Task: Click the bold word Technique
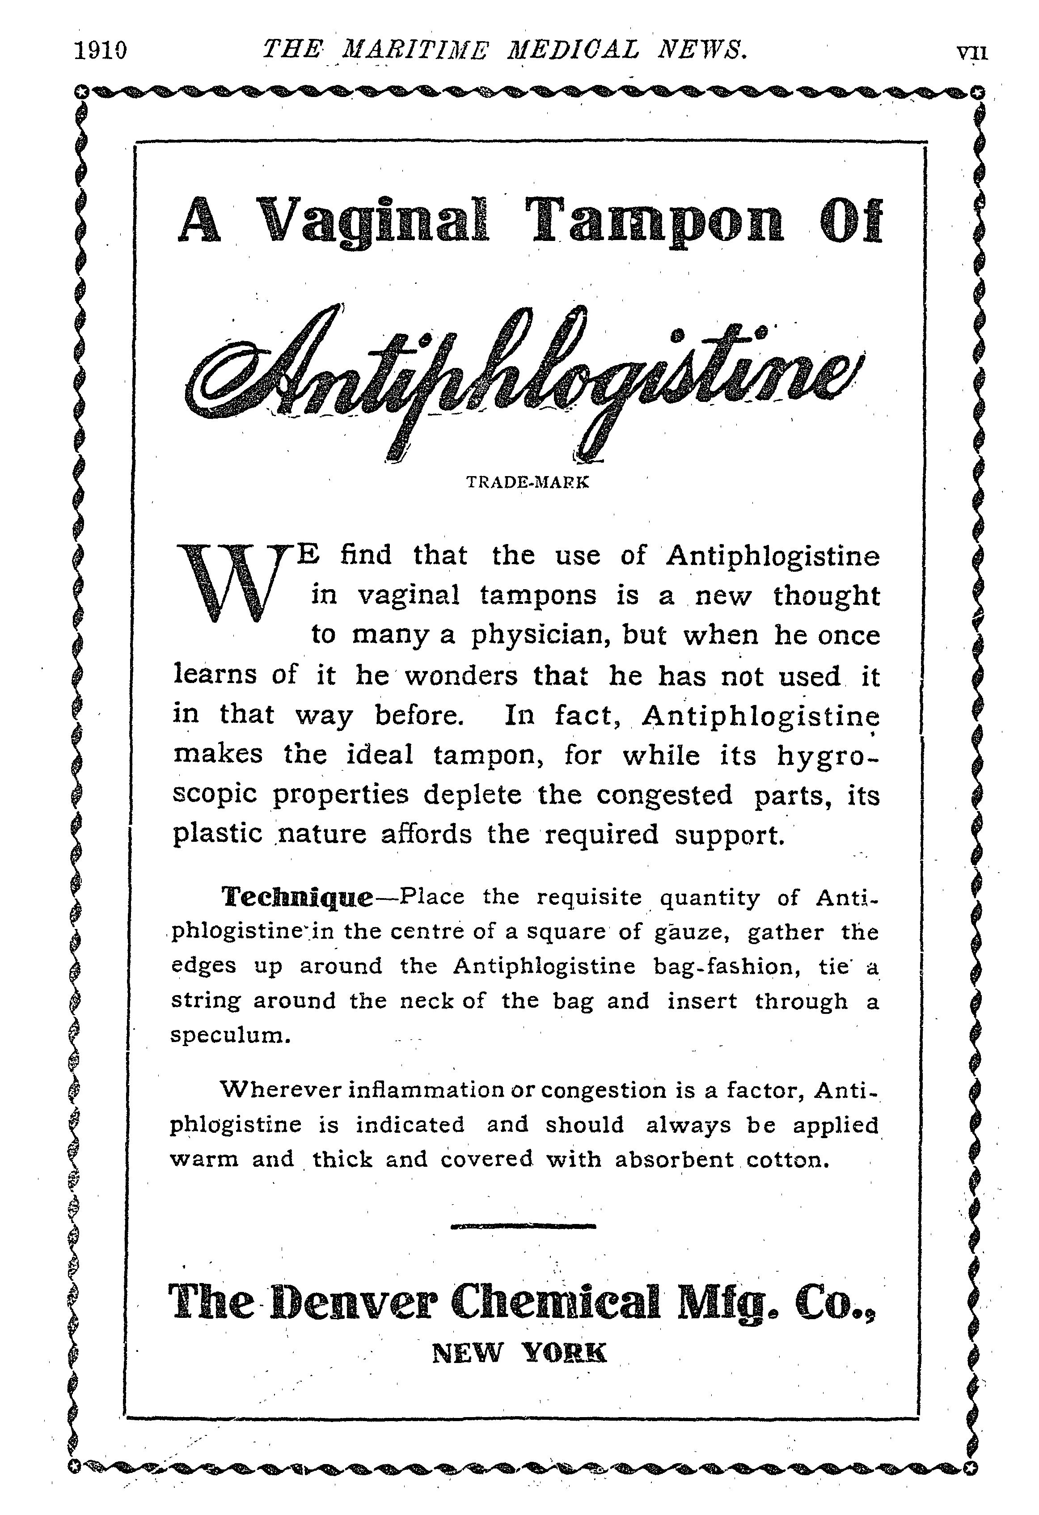click(x=297, y=898)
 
